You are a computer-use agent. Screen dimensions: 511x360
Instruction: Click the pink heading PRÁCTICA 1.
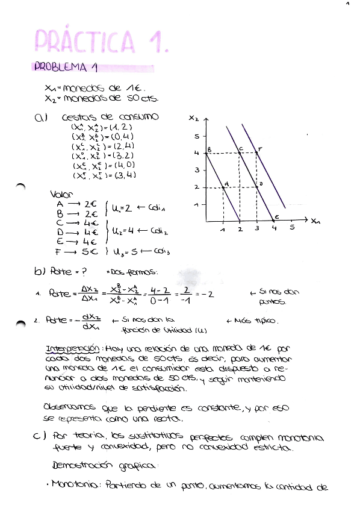99,40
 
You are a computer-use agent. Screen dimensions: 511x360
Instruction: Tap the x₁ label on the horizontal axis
316,221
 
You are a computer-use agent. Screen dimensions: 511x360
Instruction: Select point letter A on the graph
226,183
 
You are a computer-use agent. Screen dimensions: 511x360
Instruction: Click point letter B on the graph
209,149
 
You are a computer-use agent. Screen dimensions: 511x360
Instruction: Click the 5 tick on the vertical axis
196,137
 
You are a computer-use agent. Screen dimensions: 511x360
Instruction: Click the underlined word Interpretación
71,349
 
